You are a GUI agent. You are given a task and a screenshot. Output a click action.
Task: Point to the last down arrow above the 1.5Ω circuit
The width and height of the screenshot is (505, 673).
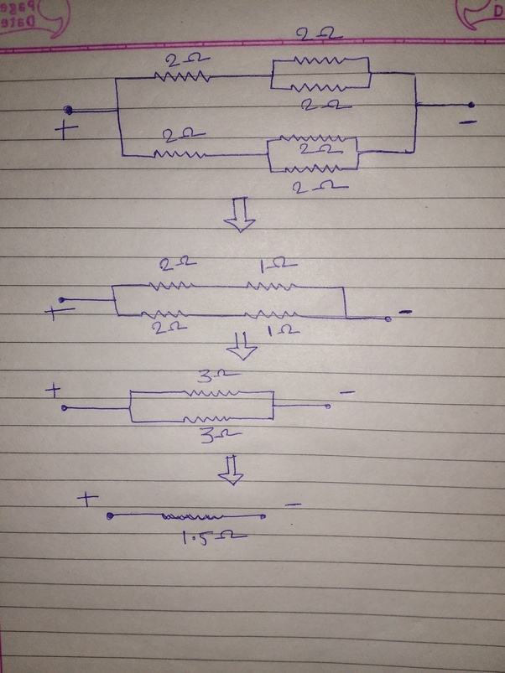point(232,472)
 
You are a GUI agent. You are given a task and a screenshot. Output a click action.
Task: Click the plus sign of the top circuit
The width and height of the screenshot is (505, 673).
point(67,130)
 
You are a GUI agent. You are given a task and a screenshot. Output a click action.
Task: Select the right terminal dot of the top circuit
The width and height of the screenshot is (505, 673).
point(471,105)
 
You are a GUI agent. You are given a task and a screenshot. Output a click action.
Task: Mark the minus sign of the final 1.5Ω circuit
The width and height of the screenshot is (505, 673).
point(293,505)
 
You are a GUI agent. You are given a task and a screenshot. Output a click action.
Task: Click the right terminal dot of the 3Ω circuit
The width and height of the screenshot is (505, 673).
point(328,406)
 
